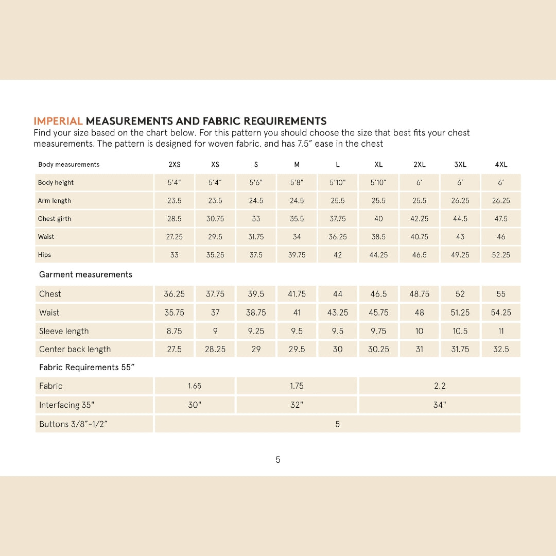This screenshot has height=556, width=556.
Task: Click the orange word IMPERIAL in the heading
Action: pyautogui.click(x=58, y=121)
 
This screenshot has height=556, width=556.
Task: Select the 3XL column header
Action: pyautogui.click(x=460, y=165)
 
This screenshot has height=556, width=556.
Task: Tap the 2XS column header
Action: pyautogui.click(x=175, y=165)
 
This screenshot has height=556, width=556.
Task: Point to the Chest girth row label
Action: pyautogui.click(x=55, y=219)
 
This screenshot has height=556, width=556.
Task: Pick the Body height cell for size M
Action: pyautogui.click(x=297, y=183)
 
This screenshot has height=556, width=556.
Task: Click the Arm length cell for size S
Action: pyautogui.click(x=256, y=201)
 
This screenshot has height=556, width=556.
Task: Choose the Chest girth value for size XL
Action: pyautogui.click(x=378, y=219)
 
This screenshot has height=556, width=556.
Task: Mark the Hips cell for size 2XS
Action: pyautogui.click(x=175, y=255)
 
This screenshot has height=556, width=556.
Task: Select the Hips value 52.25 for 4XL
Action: pyautogui.click(x=501, y=255)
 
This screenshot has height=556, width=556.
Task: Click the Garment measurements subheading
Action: pyautogui.click(x=85, y=274)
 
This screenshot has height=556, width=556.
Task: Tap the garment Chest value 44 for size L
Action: pyautogui.click(x=338, y=294)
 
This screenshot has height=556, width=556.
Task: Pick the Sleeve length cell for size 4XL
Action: pyautogui.click(x=501, y=331)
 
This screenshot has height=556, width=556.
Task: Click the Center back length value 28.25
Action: pyautogui.click(x=215, y=349)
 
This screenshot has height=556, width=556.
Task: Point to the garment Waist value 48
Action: pyautogui.click(x=420, y=312)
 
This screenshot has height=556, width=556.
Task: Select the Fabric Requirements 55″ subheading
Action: pyautogui.click(x=90, y=368)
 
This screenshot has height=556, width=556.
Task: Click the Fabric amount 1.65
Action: pyautogui.click(x=195, y=386)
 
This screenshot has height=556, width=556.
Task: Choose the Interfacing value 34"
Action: pyautogui.click(x=439, y=405)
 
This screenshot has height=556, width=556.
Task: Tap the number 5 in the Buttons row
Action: pyautogui.click(x=338, y=424)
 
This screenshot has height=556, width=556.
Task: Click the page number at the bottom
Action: pyautogui.click(x=278, y=460)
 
